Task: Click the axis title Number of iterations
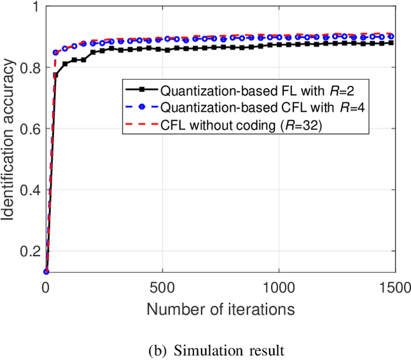coord(220,309)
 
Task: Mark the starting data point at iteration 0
coord(46,271)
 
